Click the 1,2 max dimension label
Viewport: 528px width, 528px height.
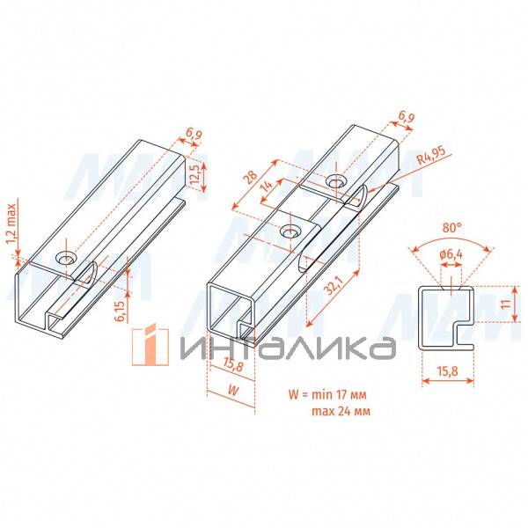tap(11, 224)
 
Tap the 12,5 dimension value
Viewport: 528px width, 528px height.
tap(195, 175)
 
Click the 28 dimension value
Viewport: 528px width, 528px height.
tap(251, 177)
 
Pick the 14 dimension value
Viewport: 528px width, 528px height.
tap(267, 186)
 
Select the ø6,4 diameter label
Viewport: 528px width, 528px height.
tap(451, 254)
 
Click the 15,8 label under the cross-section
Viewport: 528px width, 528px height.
tap(448, 370)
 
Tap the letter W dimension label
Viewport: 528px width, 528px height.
tap(233, 390)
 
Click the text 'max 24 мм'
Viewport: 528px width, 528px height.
tap(341, 411)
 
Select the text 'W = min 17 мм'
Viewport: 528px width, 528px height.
tap(327, 394)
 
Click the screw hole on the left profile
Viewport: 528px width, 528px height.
tap(66, 259)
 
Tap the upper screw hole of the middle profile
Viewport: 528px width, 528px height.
tap(335, 182)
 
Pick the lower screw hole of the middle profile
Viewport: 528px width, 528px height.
tap(290, 232)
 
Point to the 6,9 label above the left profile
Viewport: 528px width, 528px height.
tap(194, 135)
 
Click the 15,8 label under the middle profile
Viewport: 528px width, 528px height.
tap(231, 365)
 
